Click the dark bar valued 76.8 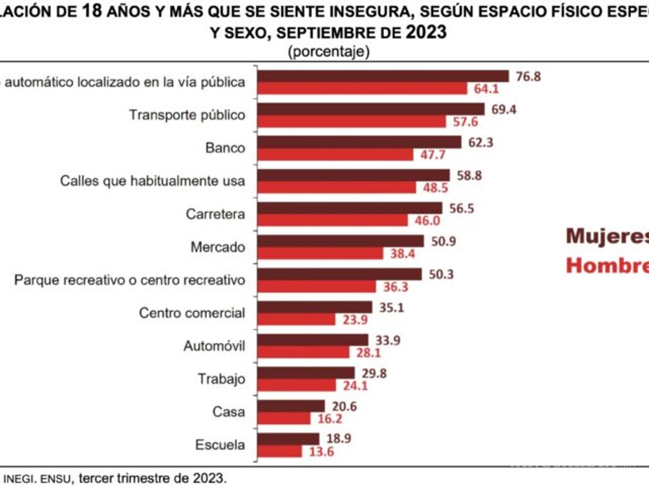[383, 76]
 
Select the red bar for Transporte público [352, 122]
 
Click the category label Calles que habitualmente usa [152, 181]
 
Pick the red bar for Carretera [333, 221]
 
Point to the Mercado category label [217, 247]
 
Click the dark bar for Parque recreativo [339, 274]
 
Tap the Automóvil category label [214, 346]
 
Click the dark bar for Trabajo [306, 373]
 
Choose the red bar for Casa [284, 418]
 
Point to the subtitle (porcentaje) [328, 51]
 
